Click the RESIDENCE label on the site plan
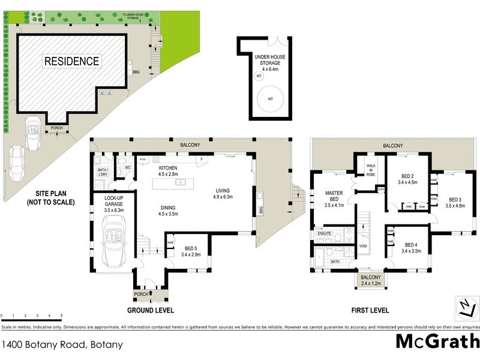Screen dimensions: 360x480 click(71, 61)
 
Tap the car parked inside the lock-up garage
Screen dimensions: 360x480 click(113, 243)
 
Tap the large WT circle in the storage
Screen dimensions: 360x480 click(271, 98)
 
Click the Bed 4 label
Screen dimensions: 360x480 click(410, 248)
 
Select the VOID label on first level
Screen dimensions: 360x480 click(362, 246)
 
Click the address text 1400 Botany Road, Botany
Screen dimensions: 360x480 click(62, 344)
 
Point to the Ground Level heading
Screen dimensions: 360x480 click(150, 310)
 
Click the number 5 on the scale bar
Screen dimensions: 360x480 click(61, 315)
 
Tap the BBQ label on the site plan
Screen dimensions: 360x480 click(136, 72)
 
